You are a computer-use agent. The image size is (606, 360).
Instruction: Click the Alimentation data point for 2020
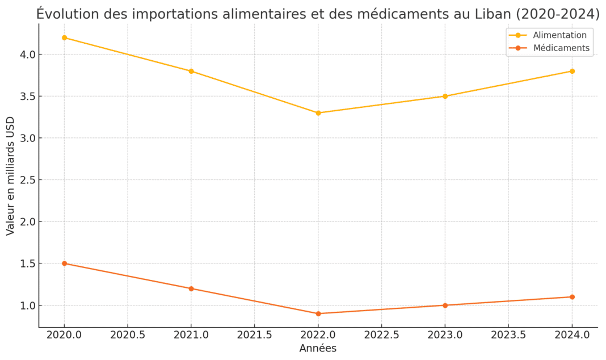coord(64,37)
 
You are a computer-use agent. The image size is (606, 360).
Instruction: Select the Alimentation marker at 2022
coord(318,113)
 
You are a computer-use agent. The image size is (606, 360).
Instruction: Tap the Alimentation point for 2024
coord(572,71)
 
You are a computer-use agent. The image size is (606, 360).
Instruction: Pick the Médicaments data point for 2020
coord(64,263)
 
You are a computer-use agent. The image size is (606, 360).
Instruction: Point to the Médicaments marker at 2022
coord(318,313)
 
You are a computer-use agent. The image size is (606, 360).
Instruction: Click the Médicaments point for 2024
coord(572,297)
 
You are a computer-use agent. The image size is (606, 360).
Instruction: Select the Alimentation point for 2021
coord(191,71)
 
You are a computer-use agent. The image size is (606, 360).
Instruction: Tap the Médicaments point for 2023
coord(445,305)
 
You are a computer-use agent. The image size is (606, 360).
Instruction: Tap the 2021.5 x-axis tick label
coord(254,335)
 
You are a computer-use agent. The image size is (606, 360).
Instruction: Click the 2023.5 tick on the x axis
coord(508,335)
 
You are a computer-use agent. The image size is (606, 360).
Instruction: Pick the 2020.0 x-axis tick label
coord(64,335)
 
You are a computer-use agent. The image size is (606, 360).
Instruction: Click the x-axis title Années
coord(318,349)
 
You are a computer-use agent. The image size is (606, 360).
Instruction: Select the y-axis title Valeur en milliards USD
coord(11,176)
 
